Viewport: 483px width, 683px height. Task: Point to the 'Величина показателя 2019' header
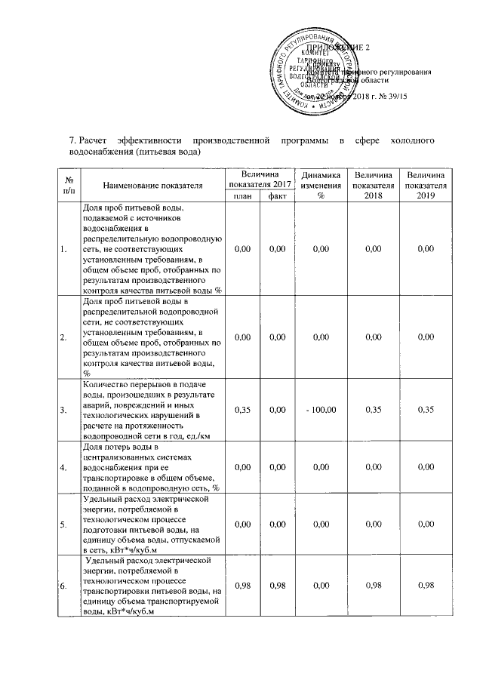coord(426,184)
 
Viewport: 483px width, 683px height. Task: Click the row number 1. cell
coord(63,248)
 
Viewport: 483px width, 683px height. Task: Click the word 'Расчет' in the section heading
coord(97,141)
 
